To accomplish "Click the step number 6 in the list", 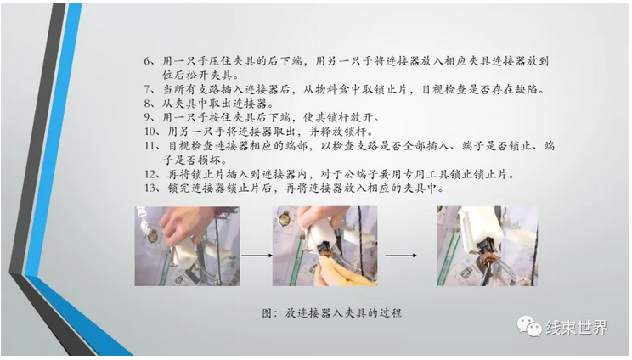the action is (147, 61).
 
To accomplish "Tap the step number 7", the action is (147, 89).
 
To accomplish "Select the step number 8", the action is (147, 104).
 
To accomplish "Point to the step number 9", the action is (147, 117).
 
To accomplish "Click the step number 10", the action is (150, 132).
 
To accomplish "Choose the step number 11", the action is (150, 146).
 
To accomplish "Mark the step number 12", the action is (150, 174).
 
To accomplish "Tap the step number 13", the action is (150, 188).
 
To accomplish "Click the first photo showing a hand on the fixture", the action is (187, 246).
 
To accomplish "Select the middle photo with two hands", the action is (324, 246).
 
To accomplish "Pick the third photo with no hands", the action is (488, 246).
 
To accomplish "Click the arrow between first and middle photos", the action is (257, 256).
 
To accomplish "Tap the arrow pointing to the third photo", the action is (401, 256).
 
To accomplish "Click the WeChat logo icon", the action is (529, 326).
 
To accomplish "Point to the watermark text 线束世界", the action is (577, 328).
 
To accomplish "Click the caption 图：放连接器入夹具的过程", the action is (331, 313).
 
